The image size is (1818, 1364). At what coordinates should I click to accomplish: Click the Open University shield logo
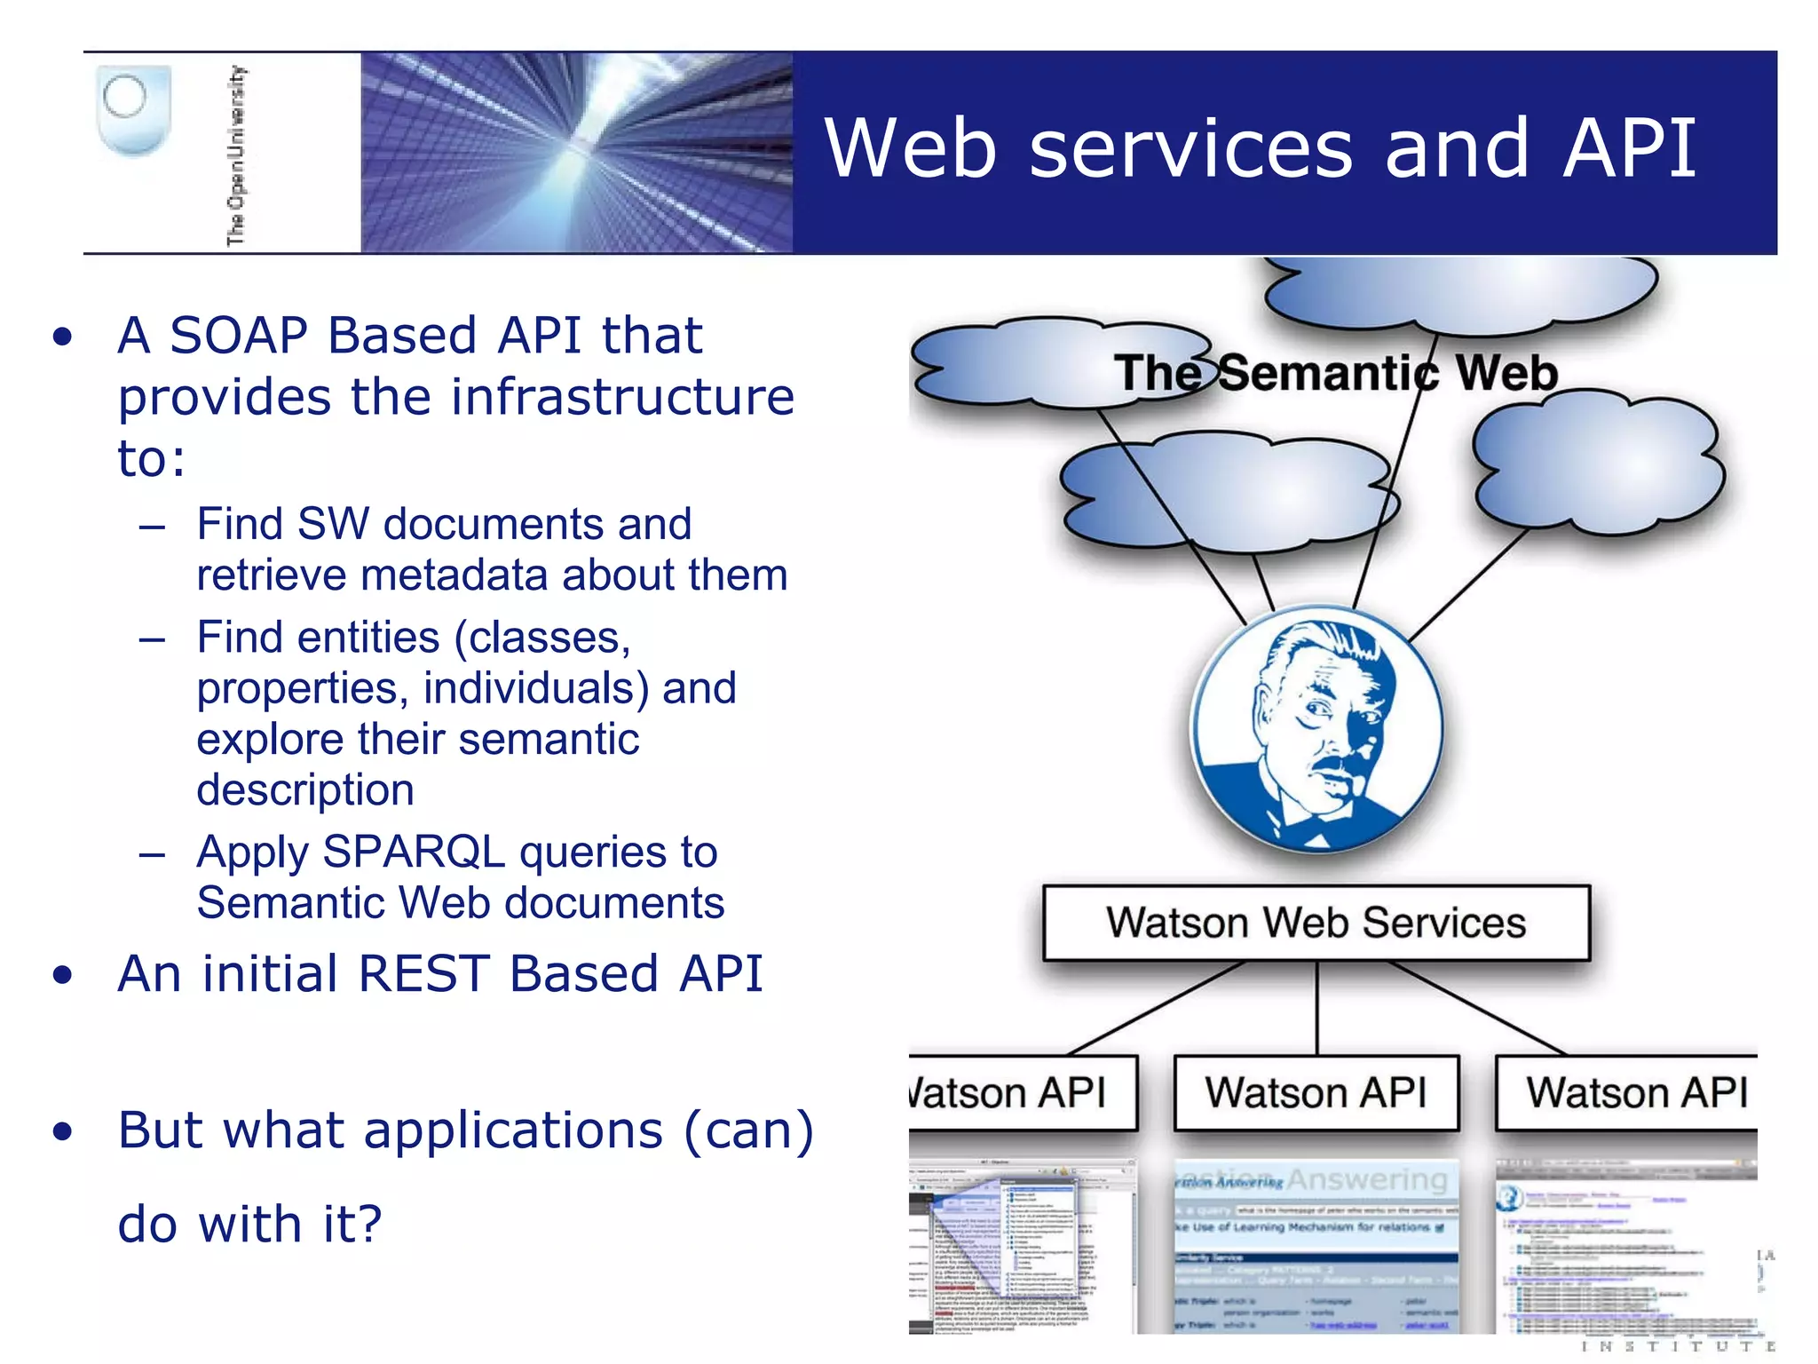(132, 110)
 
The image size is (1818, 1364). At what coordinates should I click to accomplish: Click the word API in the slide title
(1630, 148)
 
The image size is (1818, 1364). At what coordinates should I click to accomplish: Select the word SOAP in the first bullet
(239, 336)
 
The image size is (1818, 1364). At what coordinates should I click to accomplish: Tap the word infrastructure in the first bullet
(622, 397)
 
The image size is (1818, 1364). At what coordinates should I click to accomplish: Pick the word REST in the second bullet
(423, 974)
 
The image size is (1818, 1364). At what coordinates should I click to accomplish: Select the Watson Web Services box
(1316, 923)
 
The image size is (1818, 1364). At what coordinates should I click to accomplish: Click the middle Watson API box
(1316, 1093)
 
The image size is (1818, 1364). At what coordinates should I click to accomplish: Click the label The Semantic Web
(1335, 373)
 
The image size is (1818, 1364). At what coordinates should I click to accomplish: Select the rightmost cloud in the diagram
(1598, 466)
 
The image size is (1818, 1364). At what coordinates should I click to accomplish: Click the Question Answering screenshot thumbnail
(1316, 1243)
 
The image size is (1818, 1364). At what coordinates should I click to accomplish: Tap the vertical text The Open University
(236, 155)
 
